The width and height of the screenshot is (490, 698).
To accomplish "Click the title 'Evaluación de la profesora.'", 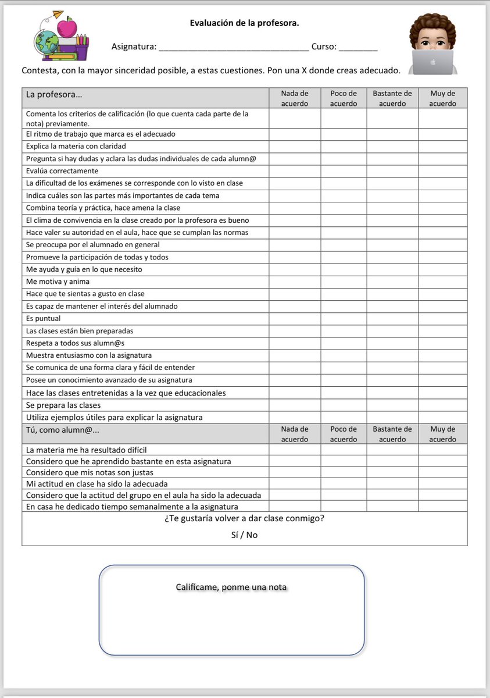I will coord(245,23).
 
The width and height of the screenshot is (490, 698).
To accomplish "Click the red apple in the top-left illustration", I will coord(69,26).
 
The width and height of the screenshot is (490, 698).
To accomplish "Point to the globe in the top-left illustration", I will coord(46,42).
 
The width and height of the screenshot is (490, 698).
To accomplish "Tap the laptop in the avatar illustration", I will coord(432,62).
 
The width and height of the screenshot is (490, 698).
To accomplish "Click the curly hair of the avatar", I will coord(432,26).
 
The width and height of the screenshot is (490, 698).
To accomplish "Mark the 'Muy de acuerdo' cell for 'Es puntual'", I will coord(442,319).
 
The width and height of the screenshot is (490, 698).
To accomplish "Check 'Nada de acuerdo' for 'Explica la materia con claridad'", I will coord(295,147).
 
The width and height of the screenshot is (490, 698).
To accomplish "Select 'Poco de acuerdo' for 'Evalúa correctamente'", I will coord(344,171).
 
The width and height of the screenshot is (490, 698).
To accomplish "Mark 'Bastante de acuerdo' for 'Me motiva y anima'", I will coord(392,282).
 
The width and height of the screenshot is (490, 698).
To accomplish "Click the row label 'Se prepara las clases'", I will coord(63,405).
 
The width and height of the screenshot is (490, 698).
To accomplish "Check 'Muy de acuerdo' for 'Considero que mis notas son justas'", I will coord(442,472).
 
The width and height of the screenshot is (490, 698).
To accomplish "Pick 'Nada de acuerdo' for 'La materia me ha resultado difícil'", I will coord(295,450).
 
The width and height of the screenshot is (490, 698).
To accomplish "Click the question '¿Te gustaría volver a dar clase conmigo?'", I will coord(244,518).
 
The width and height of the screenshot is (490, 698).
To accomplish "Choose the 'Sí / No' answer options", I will coord(244,535).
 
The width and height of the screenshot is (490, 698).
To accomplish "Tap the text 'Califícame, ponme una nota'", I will coord(231,587).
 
